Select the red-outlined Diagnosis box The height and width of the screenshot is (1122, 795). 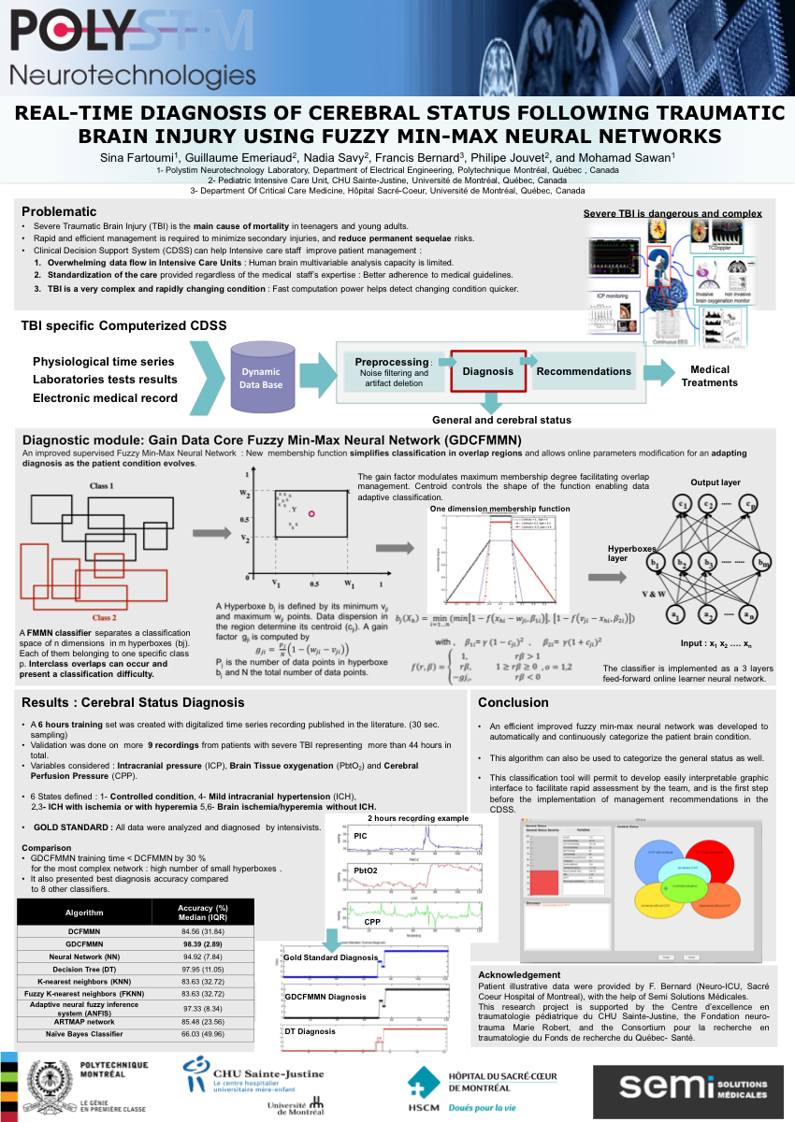[487, 371]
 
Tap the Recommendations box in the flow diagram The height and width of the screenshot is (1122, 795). [584, 371]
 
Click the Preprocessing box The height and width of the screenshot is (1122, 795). [392, 371]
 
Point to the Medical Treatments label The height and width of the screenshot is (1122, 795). [709, 376]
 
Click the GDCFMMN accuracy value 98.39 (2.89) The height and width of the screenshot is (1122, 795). [203, 945]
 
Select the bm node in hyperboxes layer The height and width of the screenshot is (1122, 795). [765, 563]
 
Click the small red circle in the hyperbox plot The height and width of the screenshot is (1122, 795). [312, 513]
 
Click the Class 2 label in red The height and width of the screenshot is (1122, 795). [104, 617]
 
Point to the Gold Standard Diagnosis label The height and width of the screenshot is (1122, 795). [330, 958]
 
